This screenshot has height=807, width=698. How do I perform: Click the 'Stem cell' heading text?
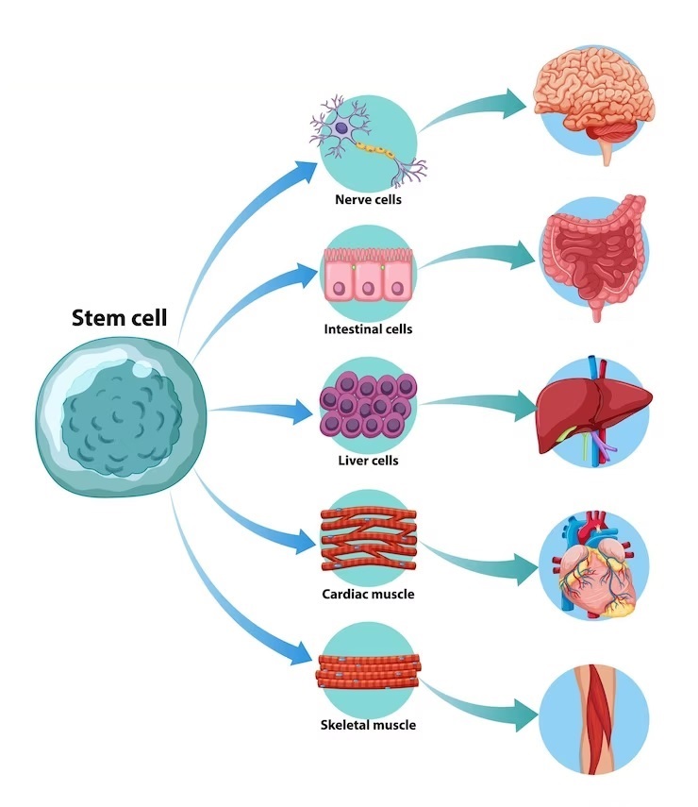[x=119, y=318]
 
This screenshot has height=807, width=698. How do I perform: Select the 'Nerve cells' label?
[x=367, y=199]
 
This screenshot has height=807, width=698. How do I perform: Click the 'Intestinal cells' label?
[x=367, y=329]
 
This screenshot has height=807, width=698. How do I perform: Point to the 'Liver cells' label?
[x=367, y=461]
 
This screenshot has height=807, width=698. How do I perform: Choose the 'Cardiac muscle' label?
[x=367, y=594]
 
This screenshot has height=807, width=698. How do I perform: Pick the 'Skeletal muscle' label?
[x=367, y=725]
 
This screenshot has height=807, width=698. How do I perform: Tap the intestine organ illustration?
[x=592, y=255]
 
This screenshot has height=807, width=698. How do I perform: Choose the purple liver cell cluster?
[x=367, y=407]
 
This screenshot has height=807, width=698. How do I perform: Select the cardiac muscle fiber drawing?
[x=367, y=541]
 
